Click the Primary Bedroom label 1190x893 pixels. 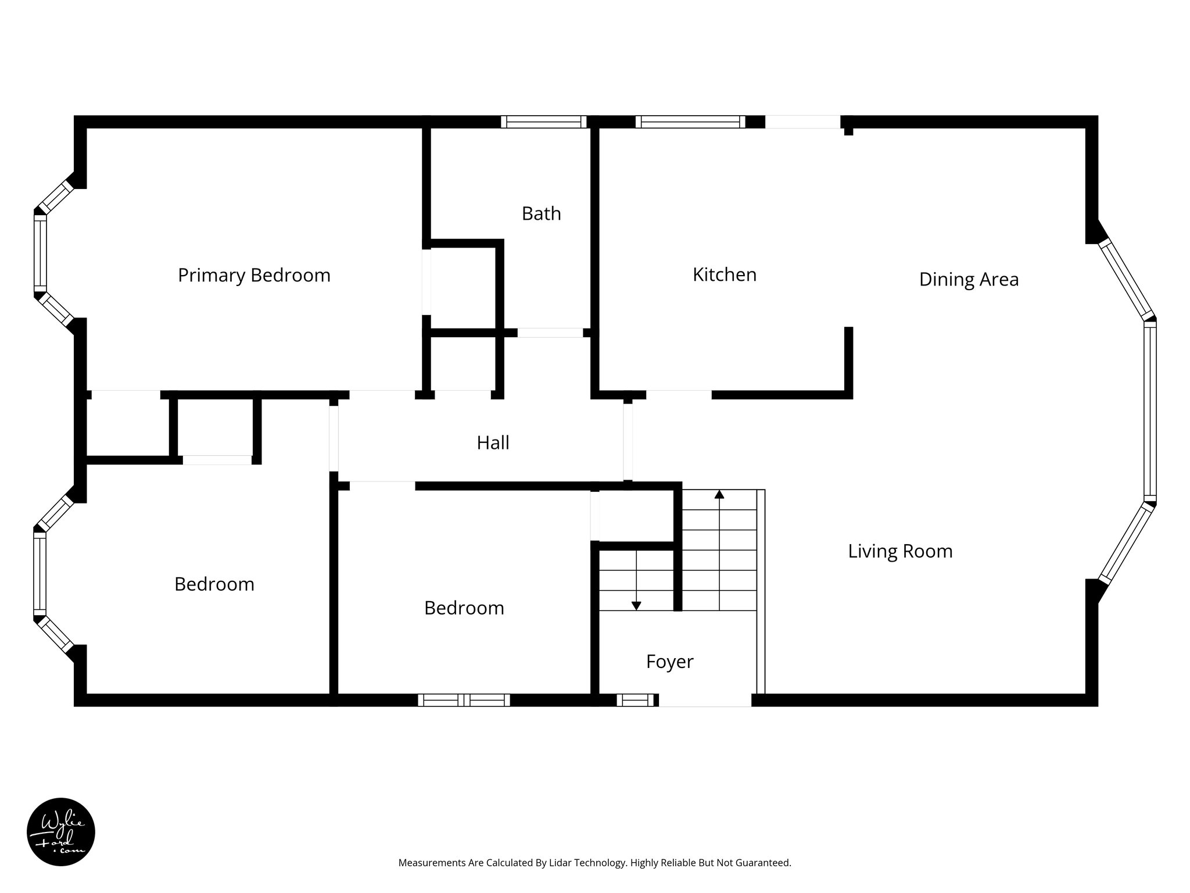(x=254, y=275)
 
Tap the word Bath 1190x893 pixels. (x=541, y=213)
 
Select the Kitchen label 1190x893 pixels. (x=725, y=274)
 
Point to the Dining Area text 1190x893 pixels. (x=969, y=280)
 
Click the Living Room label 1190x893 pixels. (x=900, y=551)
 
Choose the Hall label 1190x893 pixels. (x=493, y=443)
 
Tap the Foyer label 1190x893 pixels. (x=669, y=662)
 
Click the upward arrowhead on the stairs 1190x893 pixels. (x=719, y=494)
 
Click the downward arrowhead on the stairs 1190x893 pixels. (x=636, y=606)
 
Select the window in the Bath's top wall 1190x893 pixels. (x=544, y=122)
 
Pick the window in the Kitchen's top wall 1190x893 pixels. (x=690, y=122)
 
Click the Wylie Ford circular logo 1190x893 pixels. (x=61, y=832)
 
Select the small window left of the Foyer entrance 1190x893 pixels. (x=635, y=700)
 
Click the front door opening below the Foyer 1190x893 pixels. (x=705, y=701)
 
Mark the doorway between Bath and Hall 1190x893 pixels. (x=550, y=333)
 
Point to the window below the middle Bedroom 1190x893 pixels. (x=464, y=700)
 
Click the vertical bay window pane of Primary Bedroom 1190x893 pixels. (x=40, y=253)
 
